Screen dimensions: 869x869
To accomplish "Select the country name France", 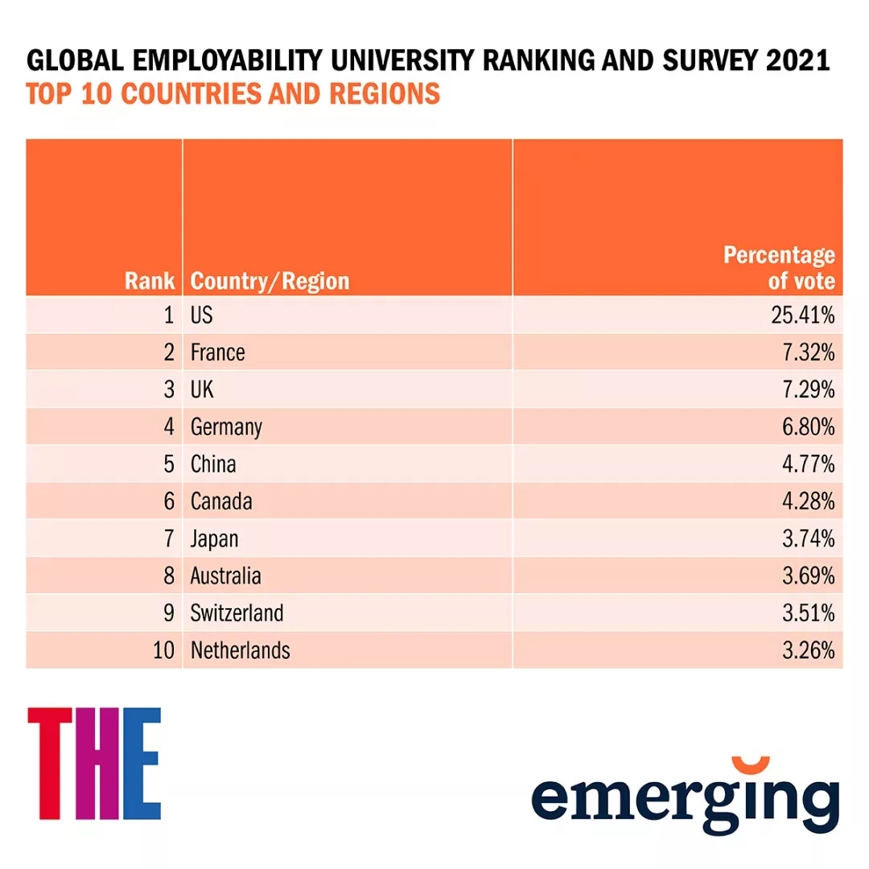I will (x=217, y=352).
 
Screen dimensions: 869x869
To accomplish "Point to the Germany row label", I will (x=226, y=427).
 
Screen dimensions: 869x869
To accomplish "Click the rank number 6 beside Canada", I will (x=169, y=501).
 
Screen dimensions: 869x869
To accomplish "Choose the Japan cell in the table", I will (x=214, y=538).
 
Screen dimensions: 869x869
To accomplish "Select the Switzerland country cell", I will (x=237, y=613).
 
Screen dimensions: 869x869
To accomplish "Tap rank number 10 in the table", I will (x=163, y=650).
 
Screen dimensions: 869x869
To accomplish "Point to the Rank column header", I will (x=150, y=281).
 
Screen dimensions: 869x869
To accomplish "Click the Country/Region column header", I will (x=270, y=281).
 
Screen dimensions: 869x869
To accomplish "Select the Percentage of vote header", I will (x=779, y=268).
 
